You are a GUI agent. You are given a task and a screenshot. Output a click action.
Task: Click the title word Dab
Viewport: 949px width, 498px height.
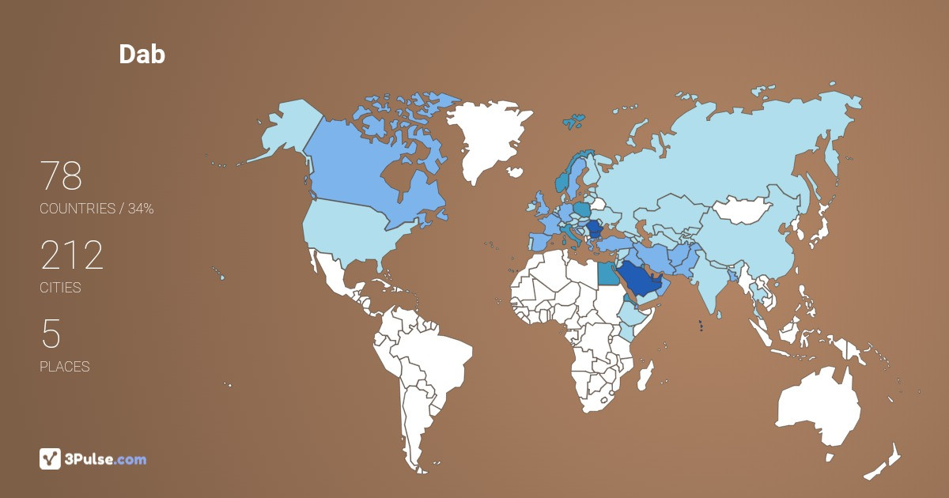pyautogui.click(x=142, y=54)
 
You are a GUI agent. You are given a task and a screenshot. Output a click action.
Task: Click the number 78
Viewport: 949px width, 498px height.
pyautogui.click(x=61, y=176)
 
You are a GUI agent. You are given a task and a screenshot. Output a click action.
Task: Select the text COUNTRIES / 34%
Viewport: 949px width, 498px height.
pyautogui.click(x=96, y=209)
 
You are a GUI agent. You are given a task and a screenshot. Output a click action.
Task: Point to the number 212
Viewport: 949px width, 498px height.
pyautogui.click(x=71, y=255)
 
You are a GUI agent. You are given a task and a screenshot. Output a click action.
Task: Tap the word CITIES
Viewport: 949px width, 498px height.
pyautogui.click(x=60, y=288)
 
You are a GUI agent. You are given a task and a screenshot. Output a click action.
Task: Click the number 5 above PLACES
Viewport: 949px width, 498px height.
pyautogui.click(x=51, y=334)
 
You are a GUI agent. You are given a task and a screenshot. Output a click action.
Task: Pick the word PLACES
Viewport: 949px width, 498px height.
pyautogui.click(x=64, y=367)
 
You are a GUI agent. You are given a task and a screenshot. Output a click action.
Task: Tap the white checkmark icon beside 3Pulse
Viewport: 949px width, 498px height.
pyautogui.click(x=51, y=458)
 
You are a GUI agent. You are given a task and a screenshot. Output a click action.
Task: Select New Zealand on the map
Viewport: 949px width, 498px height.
pyautogui.click(x=886, y=462)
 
